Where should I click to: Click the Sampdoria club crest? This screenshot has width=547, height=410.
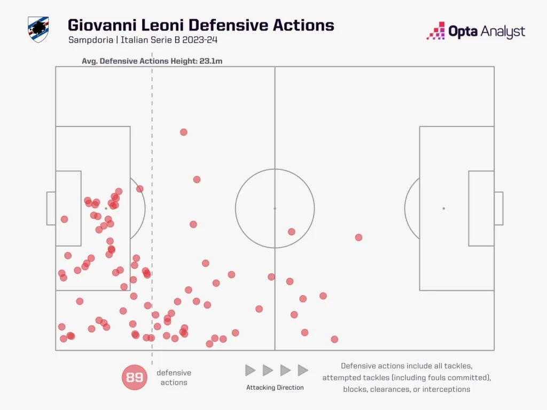(x=38, y=30)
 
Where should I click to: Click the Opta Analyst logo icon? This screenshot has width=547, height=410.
(x=436, y=31)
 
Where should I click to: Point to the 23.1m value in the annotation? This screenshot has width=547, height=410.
(x=212, y=61)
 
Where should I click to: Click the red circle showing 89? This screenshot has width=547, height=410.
(x=135, y=377)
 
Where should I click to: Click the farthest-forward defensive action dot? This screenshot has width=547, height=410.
(x=358, y=237)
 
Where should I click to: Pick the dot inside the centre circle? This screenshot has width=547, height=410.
(x=291, y=232)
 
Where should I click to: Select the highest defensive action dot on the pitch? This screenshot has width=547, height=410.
(x=183, y=132)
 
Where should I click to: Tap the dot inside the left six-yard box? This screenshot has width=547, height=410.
(x=64, y=219)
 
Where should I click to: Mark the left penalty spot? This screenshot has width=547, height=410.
(x=106, y=208)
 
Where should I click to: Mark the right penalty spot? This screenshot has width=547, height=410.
(x=443, y=208)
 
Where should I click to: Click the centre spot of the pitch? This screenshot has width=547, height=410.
(x=275, y=208)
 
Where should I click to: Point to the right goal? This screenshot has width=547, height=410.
(x=498, y=208)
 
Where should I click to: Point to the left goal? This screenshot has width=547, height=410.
(x=51, y=208)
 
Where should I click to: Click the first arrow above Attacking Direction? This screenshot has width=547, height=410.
(x=250, y=370)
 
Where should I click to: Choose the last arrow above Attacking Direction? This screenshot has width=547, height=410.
(x=303, y=370)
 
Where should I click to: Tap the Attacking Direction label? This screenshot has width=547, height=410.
(x=275, y=387)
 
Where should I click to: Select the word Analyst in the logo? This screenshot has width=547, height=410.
(x=501, y=32)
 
